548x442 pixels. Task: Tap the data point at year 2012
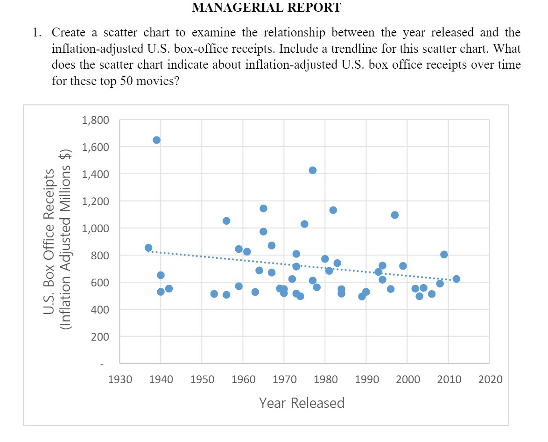pyautogui.click(x=456, y=279)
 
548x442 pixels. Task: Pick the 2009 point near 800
pyautogui.click(x=444, y=255)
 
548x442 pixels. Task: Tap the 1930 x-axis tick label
pyautogui.click(x=119, y=379)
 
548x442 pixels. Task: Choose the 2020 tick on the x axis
pyautogui.click(x=489, y=379)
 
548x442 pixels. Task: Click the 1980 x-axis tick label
pyautogui.click(x=325, y=379)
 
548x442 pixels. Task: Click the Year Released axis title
pyautogui.click(x=302, y=403)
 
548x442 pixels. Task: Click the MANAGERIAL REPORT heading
pyautogui.click(x=267, y=7)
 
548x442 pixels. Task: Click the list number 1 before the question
pyautogui.click(x=35, y=33)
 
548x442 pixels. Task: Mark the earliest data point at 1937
pyautogui.click(x=148, y=248)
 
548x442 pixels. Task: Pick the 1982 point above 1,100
pyautogui.click(x=333, y=210)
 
